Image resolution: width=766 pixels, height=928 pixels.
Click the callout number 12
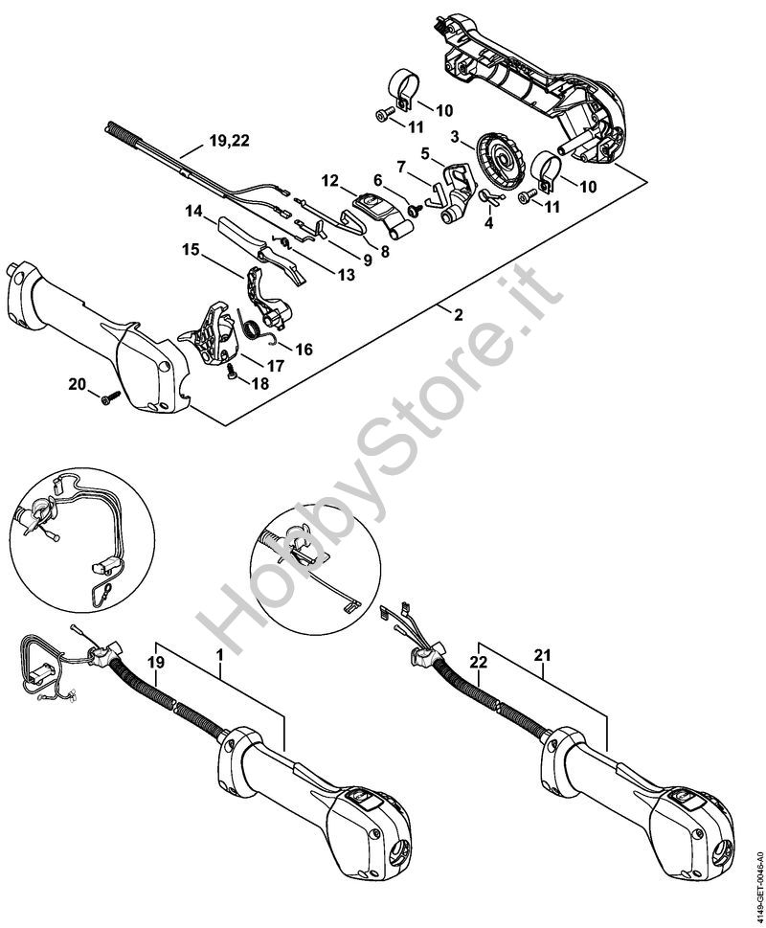click(x=330, y=180)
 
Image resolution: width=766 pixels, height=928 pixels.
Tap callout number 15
click(x=191, y=250)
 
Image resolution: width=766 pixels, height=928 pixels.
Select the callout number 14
click(x=194, y=210)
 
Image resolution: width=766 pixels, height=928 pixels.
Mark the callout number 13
click(x=345, y=274)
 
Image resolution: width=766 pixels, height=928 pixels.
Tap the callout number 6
click(x=377, y=179)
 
